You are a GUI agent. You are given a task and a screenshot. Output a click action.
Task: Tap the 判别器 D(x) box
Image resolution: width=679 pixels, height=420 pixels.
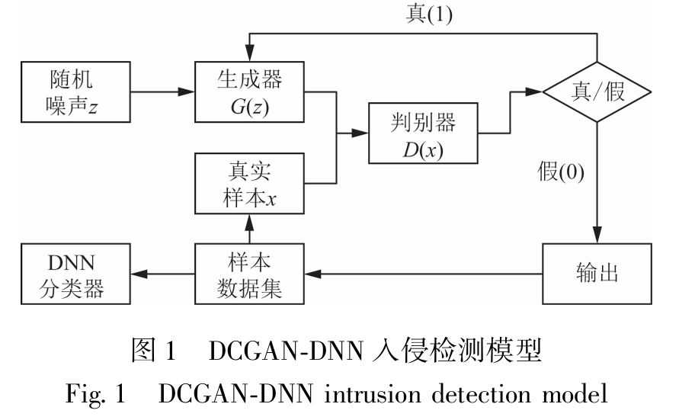pyautogui.click(x=424, y=133)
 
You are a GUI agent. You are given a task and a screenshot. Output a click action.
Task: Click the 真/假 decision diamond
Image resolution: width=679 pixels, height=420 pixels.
pyautogui.click(x=597, y=93)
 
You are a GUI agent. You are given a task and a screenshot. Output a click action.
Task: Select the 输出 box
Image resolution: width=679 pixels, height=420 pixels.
pyautogui.click(x=596, y=273)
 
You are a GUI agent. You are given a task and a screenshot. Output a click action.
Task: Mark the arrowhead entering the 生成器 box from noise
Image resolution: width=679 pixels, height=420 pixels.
pyautogui.click(x=187, y=93)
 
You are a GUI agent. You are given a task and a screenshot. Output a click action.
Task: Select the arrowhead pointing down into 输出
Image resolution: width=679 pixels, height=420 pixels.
pyautogui.click(x=597, y=236)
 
